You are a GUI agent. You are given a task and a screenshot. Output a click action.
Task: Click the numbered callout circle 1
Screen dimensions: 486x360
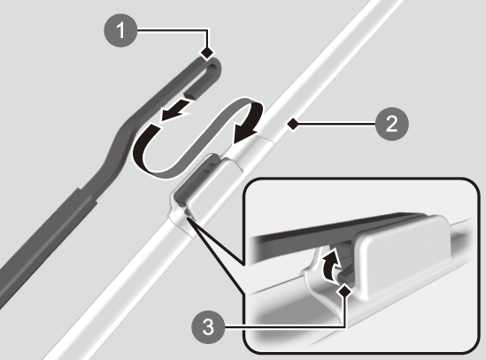(x=120, y=30)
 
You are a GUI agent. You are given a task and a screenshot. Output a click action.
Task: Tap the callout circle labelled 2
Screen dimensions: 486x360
(x=392, y=124)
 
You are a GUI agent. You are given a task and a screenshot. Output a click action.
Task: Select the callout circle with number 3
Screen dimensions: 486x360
(x=208, y=326)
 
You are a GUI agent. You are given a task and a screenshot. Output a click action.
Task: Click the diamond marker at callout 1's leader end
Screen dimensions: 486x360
(x=207, y=53)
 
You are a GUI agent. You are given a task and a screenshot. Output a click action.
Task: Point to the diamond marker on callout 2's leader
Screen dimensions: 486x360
(x=293, y=124)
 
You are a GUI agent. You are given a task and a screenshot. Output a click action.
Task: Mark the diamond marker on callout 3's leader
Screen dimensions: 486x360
(x=344, y=291)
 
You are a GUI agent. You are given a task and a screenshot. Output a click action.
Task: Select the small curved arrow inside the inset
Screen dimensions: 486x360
(x=331, y=264)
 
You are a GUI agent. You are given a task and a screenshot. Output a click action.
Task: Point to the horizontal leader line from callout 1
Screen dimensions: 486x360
(x=173, y=30)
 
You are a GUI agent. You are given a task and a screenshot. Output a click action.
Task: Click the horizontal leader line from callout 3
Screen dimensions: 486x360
(x=284, y=326)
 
